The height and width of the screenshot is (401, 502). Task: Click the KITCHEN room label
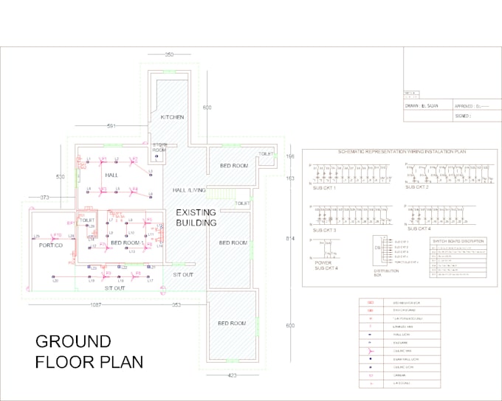[172, 117]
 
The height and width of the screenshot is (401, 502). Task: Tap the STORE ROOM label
[160, 147]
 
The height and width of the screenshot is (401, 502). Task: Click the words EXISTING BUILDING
[196, 217]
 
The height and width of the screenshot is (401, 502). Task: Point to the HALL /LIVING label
[189, 190]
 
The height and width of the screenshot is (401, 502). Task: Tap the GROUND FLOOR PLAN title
[89, 352]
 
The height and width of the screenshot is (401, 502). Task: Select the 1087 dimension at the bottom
[97, 304]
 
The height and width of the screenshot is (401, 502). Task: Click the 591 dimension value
[112, 126]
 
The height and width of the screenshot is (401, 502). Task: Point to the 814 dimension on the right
[289, 239]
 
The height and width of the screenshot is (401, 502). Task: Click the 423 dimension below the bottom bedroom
[233, 375]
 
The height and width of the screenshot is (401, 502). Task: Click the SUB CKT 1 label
[324, 188]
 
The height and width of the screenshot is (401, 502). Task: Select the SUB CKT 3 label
[324, 230]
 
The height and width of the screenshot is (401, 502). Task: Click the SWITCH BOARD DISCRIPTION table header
[457, 241]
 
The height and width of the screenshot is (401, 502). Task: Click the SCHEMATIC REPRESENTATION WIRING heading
[402, 151]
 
